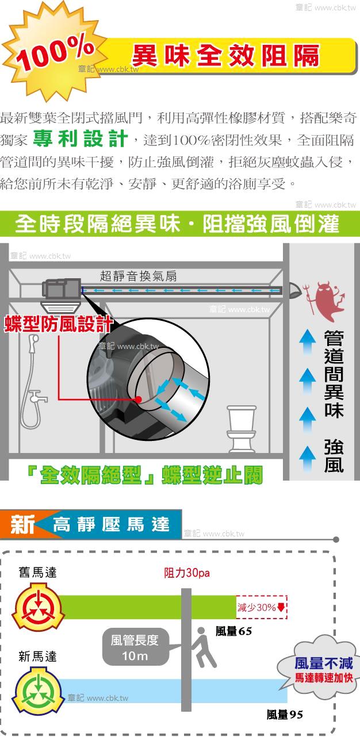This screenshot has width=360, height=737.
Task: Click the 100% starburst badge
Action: [54, 53]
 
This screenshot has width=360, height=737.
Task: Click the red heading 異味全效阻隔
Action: [226, 55]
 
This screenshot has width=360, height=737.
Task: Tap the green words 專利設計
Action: [81, 139]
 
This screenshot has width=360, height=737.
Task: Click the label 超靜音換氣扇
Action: [138, 276]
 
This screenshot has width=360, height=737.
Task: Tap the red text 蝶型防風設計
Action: [58, 324]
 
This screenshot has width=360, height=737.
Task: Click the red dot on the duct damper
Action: [139, 400]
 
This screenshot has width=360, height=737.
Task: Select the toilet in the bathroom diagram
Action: [242, 429]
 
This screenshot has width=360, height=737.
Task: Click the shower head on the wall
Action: [33, 340]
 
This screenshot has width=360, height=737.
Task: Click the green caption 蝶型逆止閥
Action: [212, 475]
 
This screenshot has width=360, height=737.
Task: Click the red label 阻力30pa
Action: [187, 573]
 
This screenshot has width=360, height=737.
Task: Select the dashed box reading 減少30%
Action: [262, 607]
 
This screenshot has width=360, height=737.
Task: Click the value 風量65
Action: [233, 631]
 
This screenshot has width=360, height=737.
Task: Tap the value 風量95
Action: [285, 715]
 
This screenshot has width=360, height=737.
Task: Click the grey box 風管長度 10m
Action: [136, 647]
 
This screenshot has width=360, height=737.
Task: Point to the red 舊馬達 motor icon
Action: [38, 607]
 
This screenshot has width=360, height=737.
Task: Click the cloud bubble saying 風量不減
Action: [317, 669]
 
